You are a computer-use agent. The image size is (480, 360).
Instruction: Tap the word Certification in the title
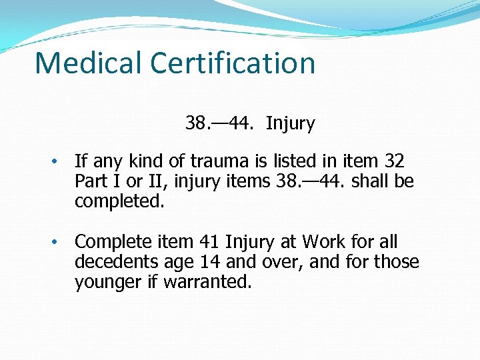[x=233, y=63]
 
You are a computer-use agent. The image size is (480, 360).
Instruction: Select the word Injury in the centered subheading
[x=290, y=123]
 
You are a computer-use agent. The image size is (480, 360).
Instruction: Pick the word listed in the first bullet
[x=308, y=161]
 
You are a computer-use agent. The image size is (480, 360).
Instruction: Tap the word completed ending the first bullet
[x=119, y=201]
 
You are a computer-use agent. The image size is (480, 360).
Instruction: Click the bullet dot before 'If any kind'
[x=57, y=162]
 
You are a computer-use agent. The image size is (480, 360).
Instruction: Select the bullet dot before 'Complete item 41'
[x=57, y=242]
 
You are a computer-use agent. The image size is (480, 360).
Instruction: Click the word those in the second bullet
[x=397, y=261]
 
